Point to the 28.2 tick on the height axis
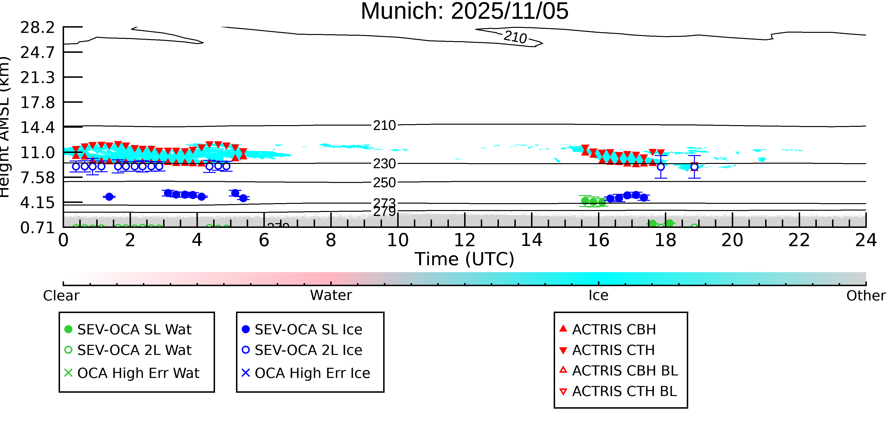[37, 27]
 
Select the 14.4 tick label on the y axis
[37, 127]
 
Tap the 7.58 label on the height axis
[37, 178]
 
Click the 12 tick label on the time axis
[465, 240]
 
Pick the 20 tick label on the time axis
[732, 240]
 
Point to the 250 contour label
[384, 182]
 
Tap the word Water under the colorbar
[331, 295]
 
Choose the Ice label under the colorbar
[598, 295]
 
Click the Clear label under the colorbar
[61, 296]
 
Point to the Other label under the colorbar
[866, 296]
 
